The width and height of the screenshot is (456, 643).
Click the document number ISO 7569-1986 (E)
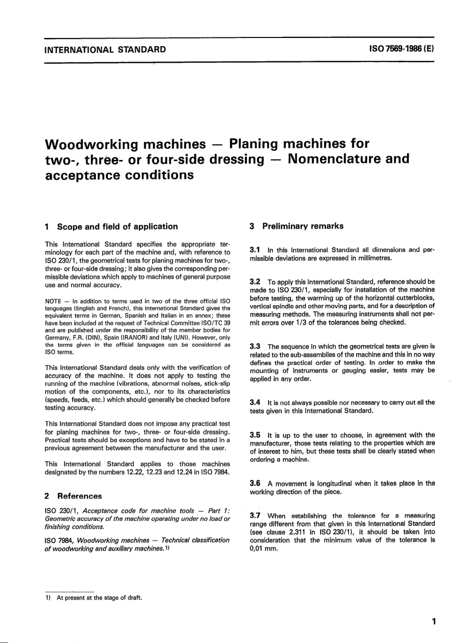coord(401,49)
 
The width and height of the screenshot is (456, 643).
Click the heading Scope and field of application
coord(117,226)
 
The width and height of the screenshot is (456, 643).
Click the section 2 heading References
coord(79,496)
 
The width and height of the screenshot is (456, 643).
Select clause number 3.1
coord(255,250)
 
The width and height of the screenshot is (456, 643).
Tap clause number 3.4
coord(255,402)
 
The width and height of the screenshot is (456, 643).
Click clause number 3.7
coord(255,515)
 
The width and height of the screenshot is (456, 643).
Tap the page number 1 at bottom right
coord(433,622)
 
